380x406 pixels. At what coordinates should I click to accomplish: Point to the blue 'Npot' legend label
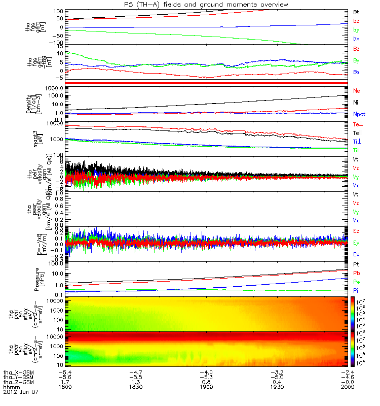pos(359,115)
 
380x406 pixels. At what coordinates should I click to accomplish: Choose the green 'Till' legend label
pos(356,150)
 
